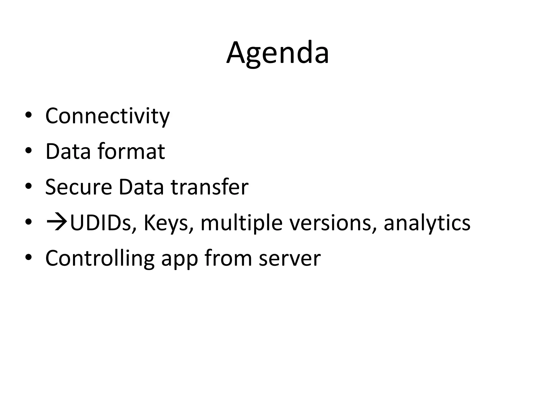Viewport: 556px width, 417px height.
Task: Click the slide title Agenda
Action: coord(277,53)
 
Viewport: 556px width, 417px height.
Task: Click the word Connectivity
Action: coord(107,116)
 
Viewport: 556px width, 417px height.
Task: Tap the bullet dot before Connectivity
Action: coord(28,115)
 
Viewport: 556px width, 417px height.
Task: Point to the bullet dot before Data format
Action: coord(28,151)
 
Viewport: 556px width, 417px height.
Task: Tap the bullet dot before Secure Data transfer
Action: coord(28,187)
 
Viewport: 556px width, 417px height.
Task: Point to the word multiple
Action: coord(242,223)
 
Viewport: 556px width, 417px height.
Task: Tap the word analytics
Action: coord(427,223)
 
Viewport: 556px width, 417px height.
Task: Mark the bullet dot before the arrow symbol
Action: coord(28,222)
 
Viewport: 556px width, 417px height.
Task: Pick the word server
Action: coord(290,259)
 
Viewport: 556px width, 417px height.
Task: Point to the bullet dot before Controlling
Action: coord(28,258)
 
